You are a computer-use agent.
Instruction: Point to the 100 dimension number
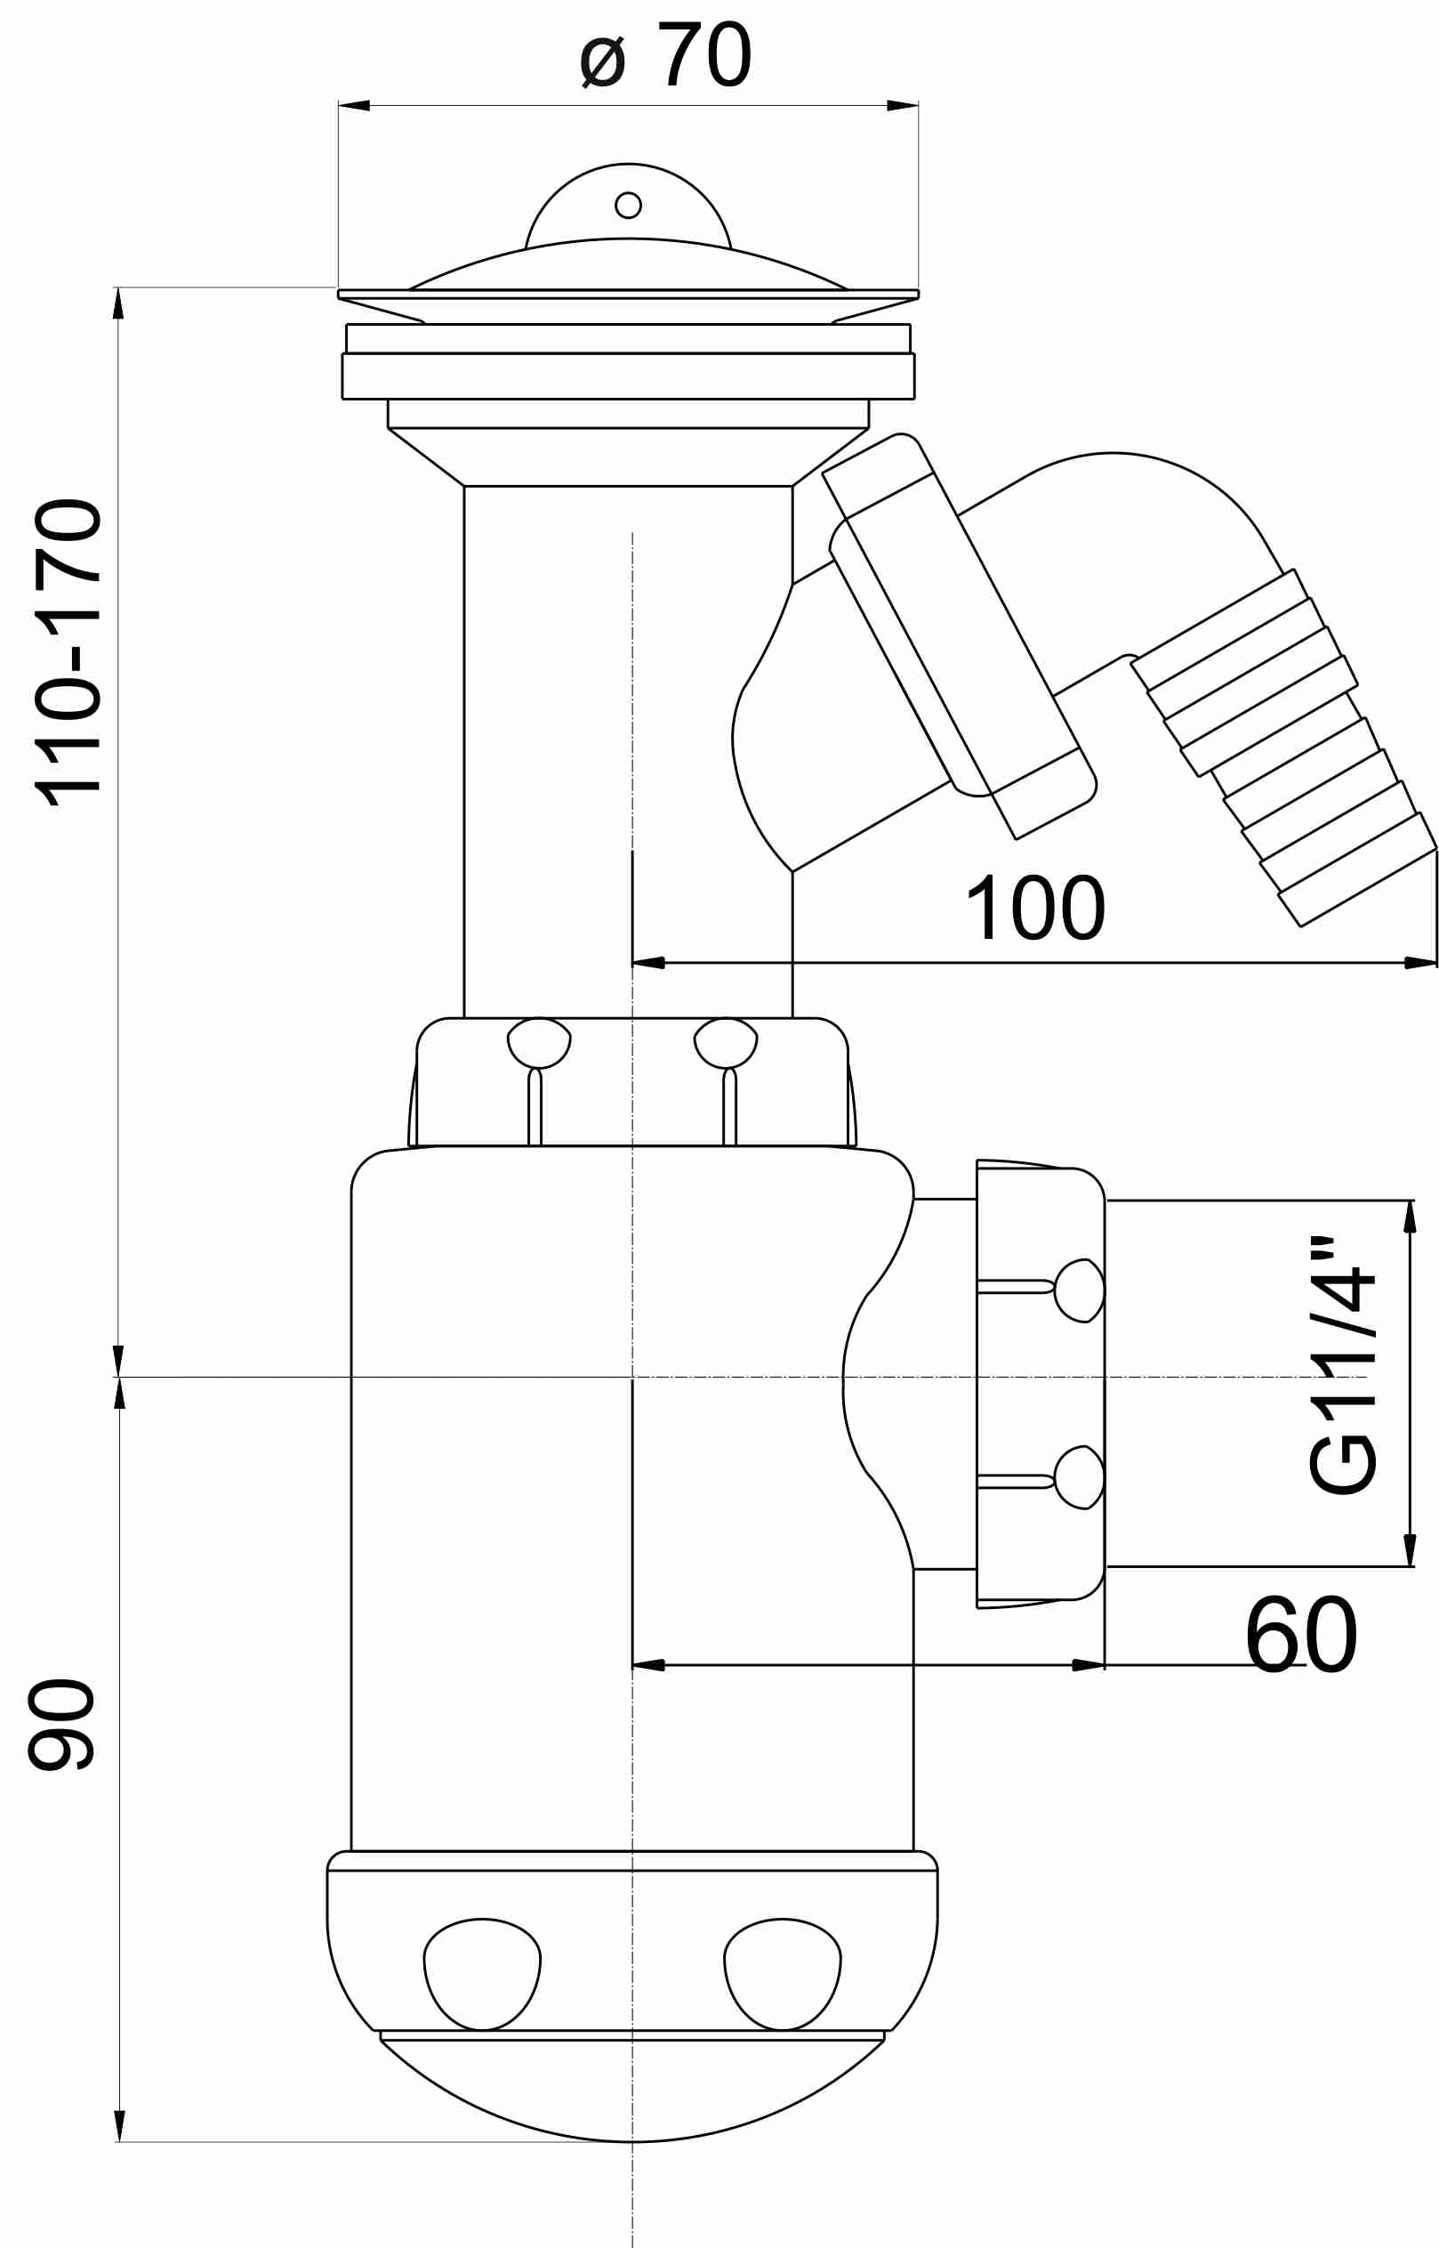(x=1035, y=909)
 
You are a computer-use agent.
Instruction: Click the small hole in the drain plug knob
(x=628, y=205)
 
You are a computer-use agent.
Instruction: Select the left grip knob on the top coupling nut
(x=539, y=1042)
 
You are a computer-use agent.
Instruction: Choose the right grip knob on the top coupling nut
(x=726, y=1042)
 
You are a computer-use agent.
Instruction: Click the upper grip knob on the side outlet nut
(x=1081, y=1290)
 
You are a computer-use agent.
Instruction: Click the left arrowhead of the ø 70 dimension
(x=354, y=106)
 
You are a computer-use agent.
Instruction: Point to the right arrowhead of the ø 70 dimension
(x=903, y=106)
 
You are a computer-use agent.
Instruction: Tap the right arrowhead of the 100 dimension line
(x=1420, y=963)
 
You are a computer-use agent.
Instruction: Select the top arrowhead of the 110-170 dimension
(x=118, y=303)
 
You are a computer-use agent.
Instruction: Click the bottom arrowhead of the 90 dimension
(x=119, y=2125)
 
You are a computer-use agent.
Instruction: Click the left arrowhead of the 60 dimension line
(x=648, y=1665)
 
